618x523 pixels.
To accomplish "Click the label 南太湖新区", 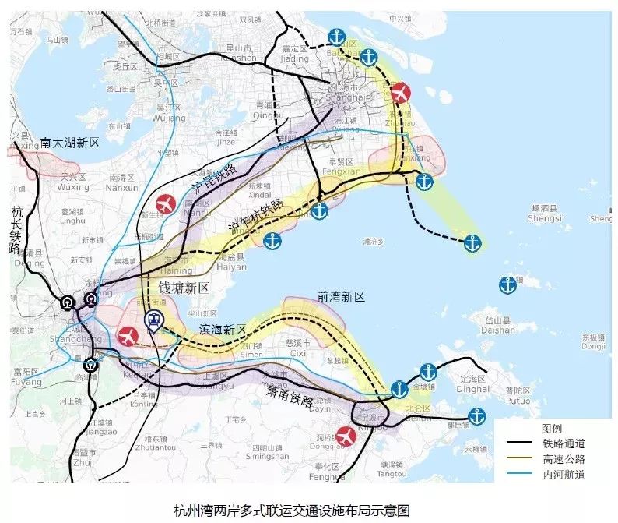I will click(x=70, y=143).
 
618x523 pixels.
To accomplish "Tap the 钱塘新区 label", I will click(x=184, y=288).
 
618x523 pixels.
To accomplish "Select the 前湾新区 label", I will click(x=341, y=297).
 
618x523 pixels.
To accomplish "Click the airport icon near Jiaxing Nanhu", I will click(x=165, y=204).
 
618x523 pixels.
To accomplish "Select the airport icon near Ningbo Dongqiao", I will click(x=346, y=434).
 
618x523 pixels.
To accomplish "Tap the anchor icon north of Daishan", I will click(x=508, y=284).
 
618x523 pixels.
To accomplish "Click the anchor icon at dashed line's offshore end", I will click(x=472, y=243).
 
